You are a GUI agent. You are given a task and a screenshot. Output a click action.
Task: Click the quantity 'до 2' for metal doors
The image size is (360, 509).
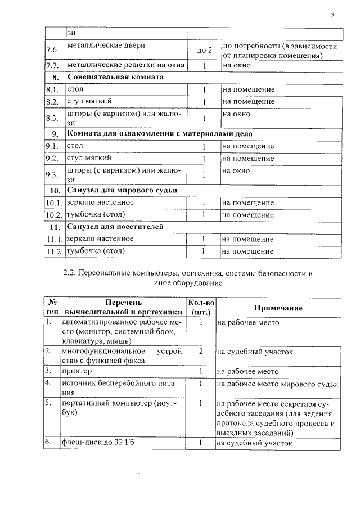point(205,51)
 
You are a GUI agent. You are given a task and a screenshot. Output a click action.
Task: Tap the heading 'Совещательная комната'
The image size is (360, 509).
point(115,77)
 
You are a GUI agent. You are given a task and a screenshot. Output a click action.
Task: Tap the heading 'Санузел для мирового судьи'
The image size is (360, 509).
point(121,190)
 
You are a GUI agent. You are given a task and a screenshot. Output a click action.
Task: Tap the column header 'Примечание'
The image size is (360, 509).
point(278,308)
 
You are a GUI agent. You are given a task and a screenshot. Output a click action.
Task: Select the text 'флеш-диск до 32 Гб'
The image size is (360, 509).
point(98,443)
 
